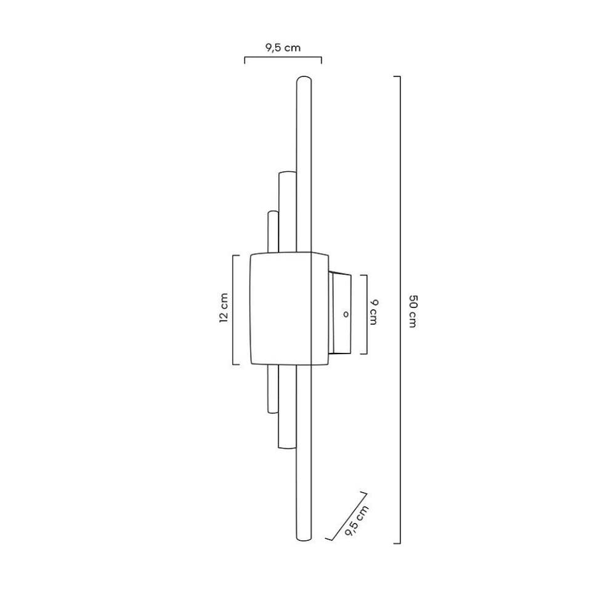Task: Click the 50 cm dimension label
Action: tap(413, 310)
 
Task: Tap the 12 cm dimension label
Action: tap(224, 307)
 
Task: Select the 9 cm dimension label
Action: tap(374, 312)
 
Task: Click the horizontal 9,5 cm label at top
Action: tap(283, 48)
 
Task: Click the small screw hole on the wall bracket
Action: tap(346, 314)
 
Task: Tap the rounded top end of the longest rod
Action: tap(304, 79)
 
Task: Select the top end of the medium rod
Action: tap(287, 173)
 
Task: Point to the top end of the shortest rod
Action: tap(273, 213)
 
